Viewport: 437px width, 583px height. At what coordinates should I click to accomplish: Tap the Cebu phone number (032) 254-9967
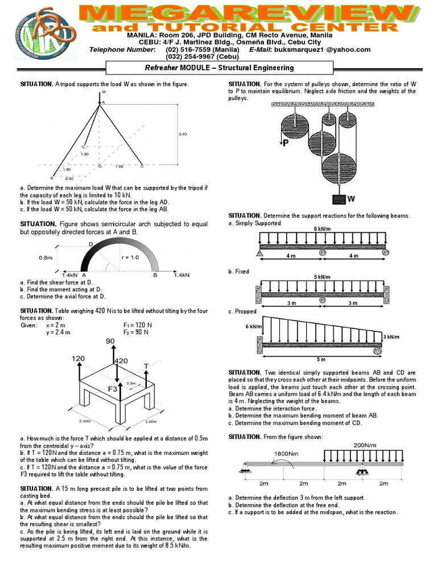[191, 57]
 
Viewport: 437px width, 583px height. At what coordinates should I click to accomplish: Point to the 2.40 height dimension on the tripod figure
[183, 134]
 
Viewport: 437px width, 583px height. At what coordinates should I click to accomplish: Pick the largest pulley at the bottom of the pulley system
[339, 169]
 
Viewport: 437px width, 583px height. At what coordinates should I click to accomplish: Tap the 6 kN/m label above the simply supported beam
[323, 228]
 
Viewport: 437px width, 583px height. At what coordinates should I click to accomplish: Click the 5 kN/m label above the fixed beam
[321, 277]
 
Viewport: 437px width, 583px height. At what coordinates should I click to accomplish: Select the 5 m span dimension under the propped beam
[321, 359]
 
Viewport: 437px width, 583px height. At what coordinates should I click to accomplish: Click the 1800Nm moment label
[284, 454]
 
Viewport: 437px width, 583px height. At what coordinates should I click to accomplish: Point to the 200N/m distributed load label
[366, 445]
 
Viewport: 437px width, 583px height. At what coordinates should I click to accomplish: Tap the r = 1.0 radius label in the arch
[130, 257]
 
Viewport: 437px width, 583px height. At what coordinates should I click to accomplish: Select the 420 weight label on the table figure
[121, 360]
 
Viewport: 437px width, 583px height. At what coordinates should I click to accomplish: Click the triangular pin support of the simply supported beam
[259, 252]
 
